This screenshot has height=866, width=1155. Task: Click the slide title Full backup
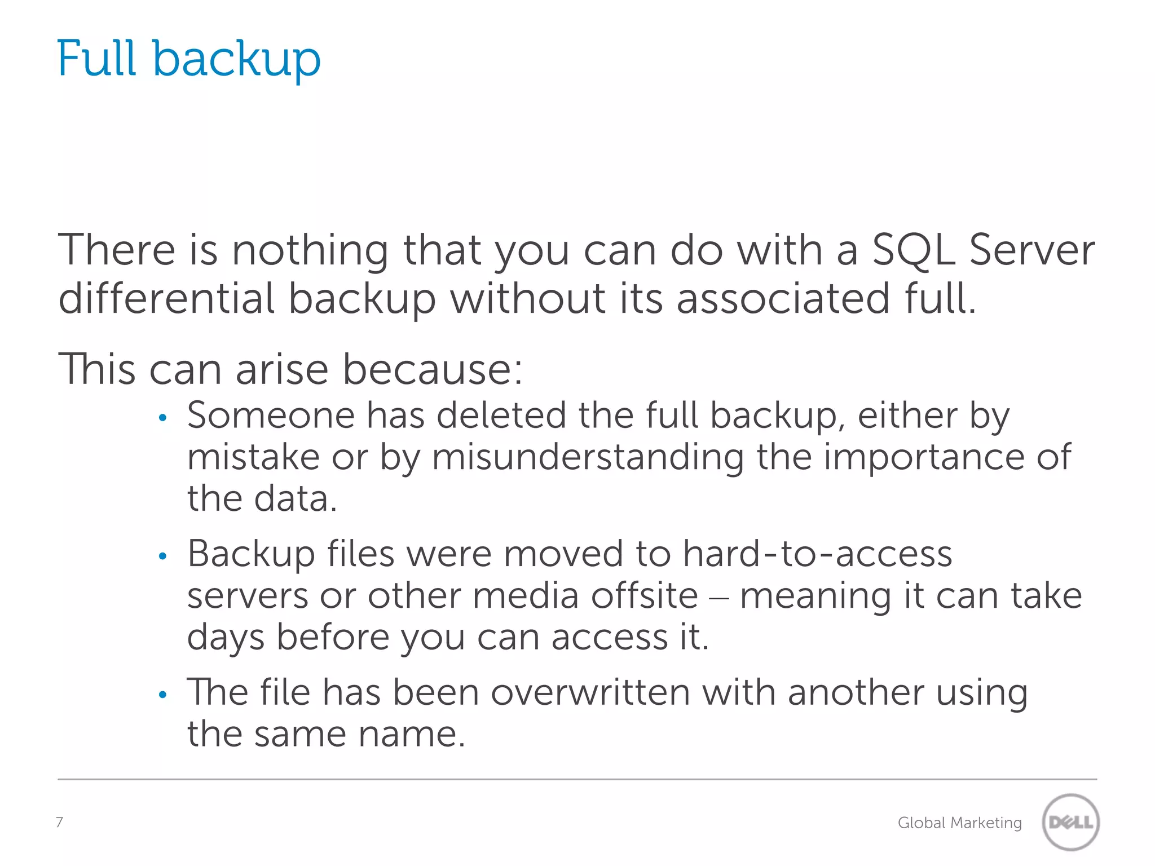(189, 59)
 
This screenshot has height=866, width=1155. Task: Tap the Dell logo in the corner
(1070, 822)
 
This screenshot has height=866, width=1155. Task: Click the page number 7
(59, 822)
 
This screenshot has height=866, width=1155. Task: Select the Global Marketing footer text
(959, 823)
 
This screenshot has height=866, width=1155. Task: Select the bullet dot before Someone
(163, 418)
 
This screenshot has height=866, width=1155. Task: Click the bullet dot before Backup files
(163, 556)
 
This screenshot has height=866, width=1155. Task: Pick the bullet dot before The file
(163, 695)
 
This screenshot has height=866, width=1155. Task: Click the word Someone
(271, 416)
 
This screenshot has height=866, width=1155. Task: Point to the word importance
(924, 458)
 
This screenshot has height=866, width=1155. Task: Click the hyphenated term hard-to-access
(818, 554)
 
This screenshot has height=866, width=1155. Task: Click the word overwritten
(590, 692)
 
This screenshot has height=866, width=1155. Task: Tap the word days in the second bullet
(226, 638)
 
